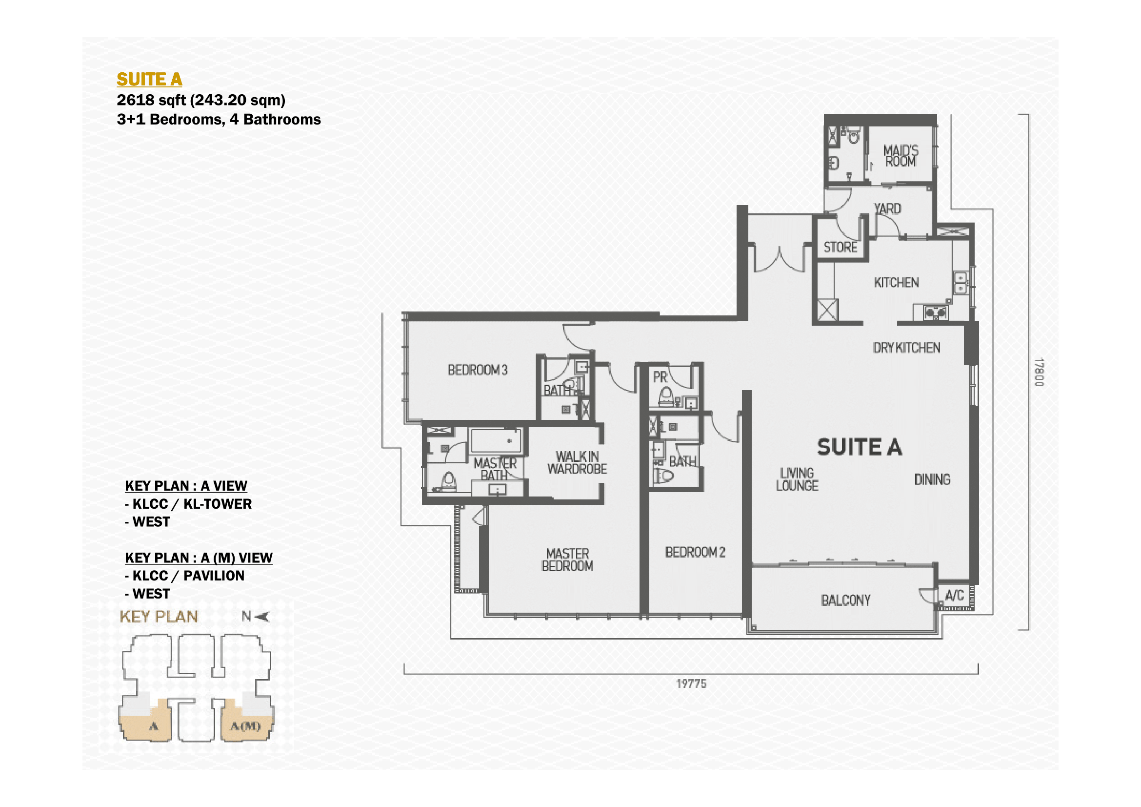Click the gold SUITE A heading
149,80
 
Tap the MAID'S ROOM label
901,156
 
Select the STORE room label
841,247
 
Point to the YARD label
887,209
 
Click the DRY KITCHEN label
906,348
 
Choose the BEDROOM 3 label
478,370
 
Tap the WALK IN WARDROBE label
577,462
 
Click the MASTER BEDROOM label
567,560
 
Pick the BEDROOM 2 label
695,552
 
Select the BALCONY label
846,600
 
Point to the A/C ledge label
954,596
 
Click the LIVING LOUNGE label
797,479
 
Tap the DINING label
932,479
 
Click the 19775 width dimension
691,683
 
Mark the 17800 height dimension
1039,372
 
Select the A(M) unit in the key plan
245,726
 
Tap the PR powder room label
660,377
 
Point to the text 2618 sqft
152,101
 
